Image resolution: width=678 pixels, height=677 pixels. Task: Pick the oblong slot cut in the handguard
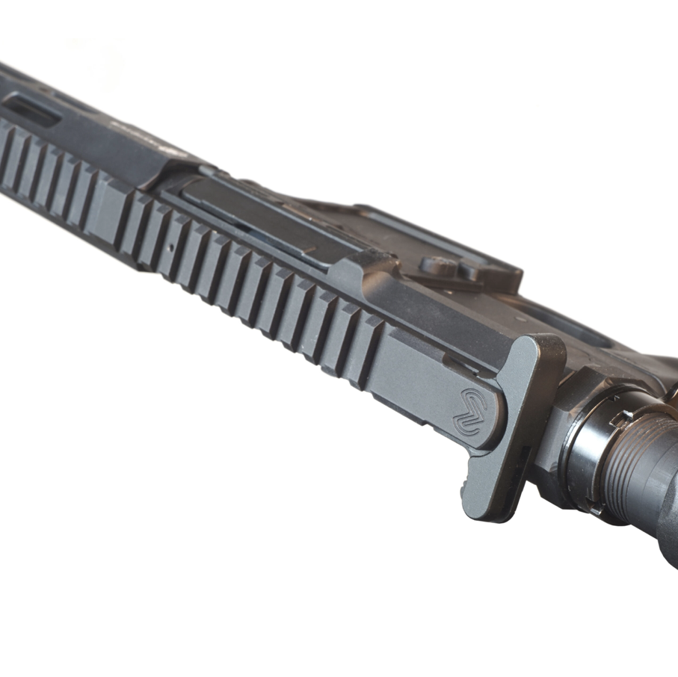coord(33,110)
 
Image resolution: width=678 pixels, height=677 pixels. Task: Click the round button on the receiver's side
coord(434,263)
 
